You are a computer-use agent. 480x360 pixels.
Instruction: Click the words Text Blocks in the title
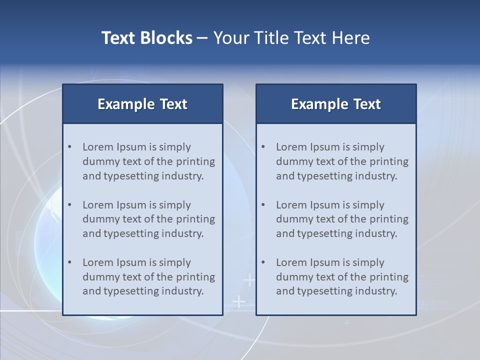146,38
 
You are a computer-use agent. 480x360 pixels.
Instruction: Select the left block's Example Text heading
142,104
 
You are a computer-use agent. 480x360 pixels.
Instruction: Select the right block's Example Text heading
336,104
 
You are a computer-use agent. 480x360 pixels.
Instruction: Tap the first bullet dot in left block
70,147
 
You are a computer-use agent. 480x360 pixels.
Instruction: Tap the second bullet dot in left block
70,205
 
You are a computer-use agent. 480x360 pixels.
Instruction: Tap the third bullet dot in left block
70,262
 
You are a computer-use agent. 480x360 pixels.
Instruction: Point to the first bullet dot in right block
263,147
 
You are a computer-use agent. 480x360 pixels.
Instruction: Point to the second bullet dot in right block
263,205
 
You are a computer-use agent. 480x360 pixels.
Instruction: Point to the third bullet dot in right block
263,262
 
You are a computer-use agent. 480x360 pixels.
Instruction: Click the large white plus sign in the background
239,301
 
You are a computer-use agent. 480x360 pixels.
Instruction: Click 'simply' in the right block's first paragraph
368,147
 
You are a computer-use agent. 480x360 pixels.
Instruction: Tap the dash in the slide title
202,38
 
